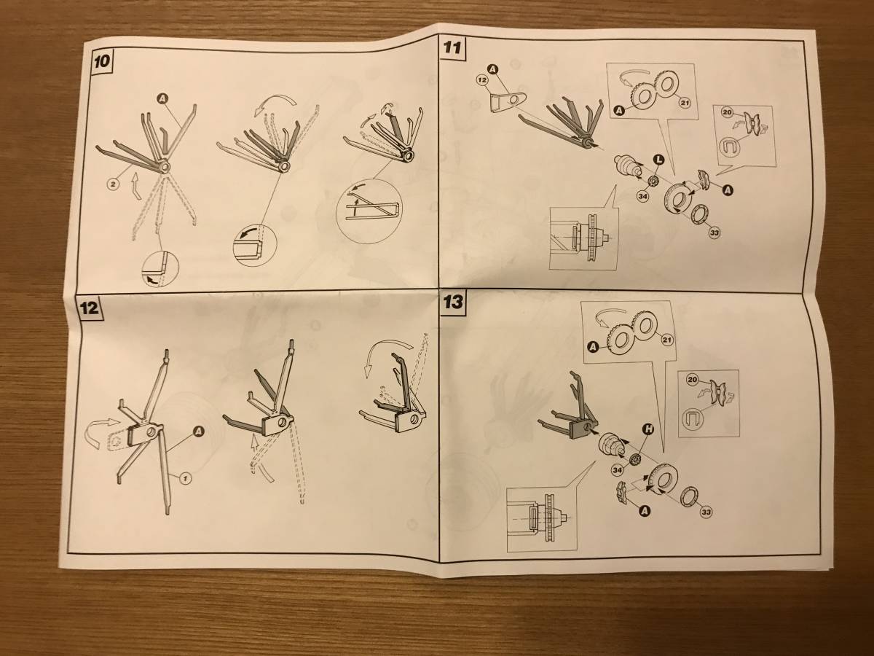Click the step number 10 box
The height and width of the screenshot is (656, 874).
[x=102, y=61]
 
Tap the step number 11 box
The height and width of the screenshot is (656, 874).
[x=452, y=47]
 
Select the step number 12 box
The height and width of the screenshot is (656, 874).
[x=88, y=308]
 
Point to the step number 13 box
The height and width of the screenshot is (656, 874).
[x=452, y=302]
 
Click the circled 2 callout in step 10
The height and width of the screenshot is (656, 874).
[x=114, y=184]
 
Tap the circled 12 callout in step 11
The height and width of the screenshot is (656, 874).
[x=482, y=80]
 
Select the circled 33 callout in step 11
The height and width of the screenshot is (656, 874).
[x=714, y=233]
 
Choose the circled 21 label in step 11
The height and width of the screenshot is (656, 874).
[x=685, y=103]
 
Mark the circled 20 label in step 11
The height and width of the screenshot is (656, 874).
[x=727, y=113]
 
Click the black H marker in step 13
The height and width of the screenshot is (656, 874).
[x=649, y=429]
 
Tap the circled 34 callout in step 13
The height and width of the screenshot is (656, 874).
[x=618, y=470]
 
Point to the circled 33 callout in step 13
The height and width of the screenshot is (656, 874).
[x=706, y=512]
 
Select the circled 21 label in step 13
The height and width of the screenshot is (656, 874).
[x=667, y=340]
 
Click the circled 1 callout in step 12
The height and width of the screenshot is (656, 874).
[x=185, y=477]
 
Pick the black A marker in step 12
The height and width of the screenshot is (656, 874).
[x=198, y=431]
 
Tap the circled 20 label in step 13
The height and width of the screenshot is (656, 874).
[x=692, y=380]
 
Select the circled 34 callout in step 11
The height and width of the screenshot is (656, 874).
[x=643, y=196]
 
